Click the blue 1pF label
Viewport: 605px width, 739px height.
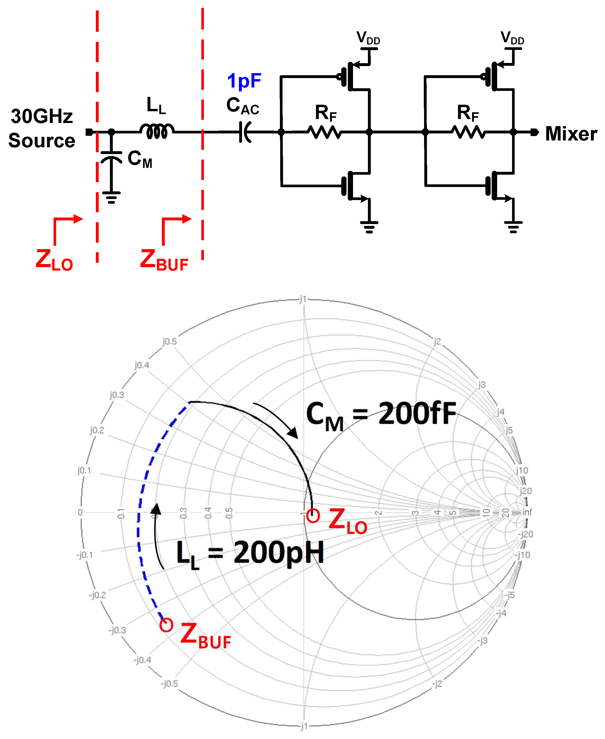pos(244,81)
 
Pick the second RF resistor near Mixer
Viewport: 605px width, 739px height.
pos(468,132)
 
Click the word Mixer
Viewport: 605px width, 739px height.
pos(571,134)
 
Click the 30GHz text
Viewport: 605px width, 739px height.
pos(42,116)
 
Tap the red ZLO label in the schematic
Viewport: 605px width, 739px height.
pos(54,260)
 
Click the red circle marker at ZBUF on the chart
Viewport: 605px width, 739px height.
pos(166,625)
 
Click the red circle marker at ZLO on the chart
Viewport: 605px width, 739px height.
pos(313,515)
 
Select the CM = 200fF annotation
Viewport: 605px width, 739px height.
pos(381,415)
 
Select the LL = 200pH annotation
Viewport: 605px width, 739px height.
pos(250,554)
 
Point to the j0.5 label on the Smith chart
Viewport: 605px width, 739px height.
pos(169,342)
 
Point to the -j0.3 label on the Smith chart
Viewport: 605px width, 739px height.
pos(117,630)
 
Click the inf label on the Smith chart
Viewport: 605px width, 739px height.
pos(527,512)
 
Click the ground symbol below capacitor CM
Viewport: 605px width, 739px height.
pos(111,197)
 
